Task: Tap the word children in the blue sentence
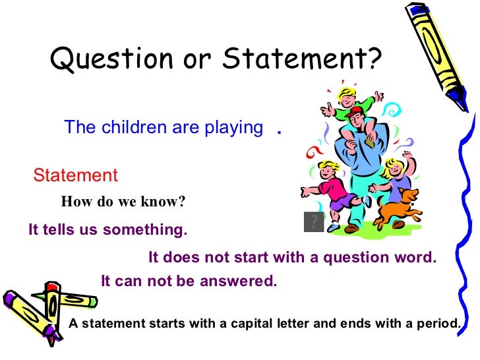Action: pyautogui.click(x=134, y=128)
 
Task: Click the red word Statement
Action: pyautogui.click(x=75, y=175)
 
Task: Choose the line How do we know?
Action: pyautogui.click(x=123, y=202)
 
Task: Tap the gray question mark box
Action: pyautogui.click(x=314, y=222)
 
